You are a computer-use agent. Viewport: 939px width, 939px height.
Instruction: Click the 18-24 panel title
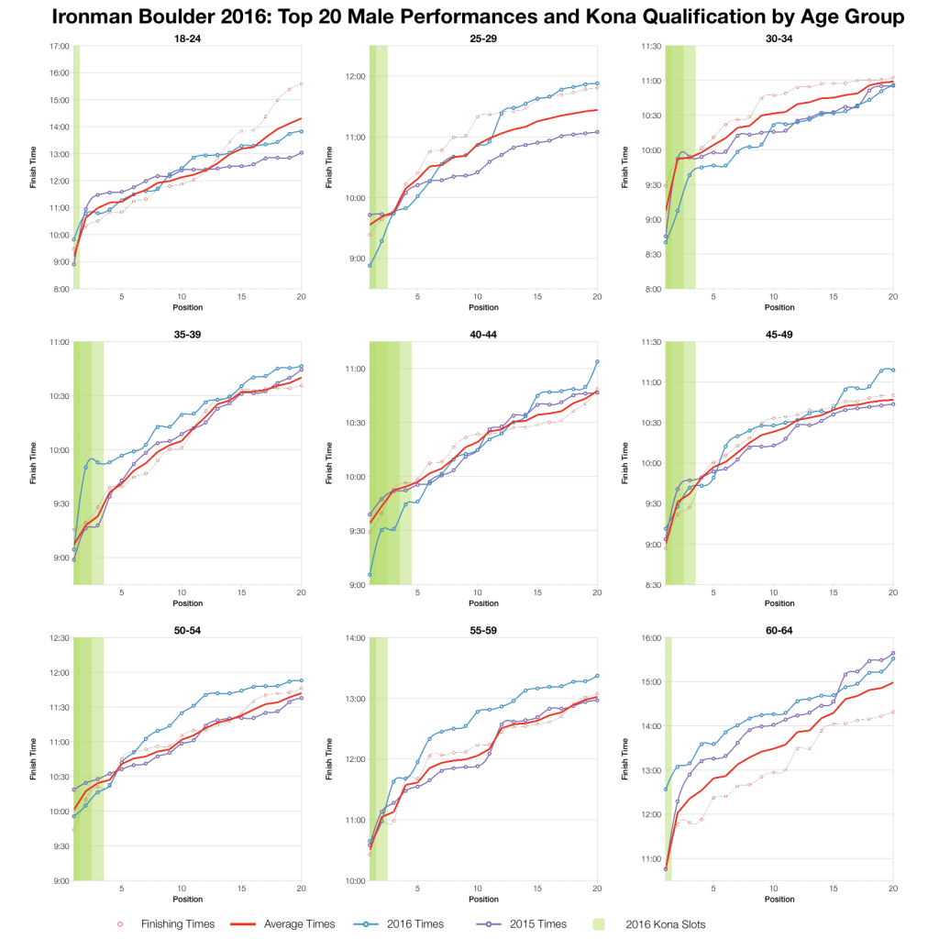pos(187,38)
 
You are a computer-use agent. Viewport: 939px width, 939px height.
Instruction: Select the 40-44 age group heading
pos(483,334)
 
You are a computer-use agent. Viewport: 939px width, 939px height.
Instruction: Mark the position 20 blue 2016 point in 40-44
pos(597,361)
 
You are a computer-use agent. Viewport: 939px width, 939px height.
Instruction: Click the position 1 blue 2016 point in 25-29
pos(370,265)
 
